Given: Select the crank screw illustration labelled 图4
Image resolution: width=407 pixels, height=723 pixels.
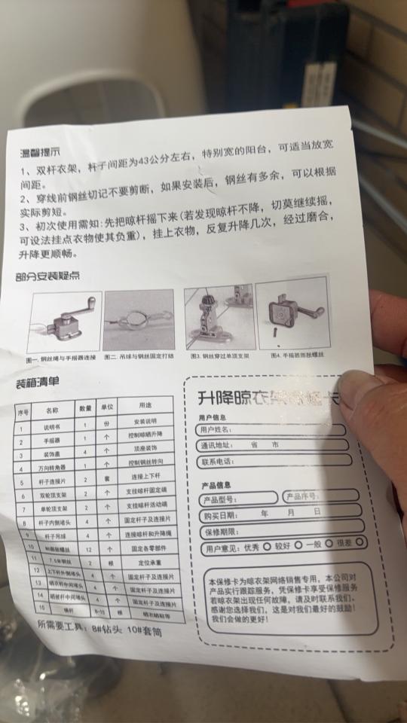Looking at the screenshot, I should (291, 313).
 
